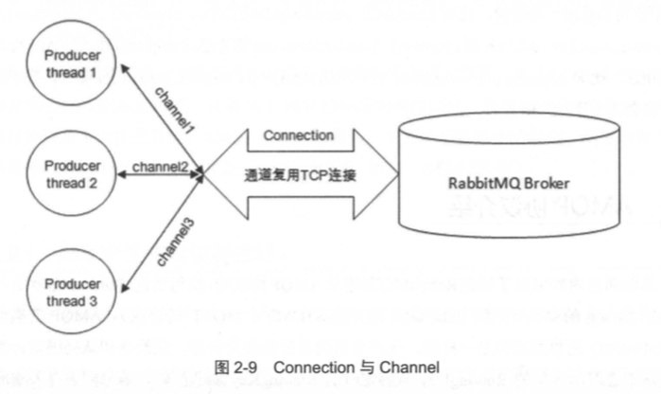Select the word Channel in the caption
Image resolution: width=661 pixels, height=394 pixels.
tap(412, 368)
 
